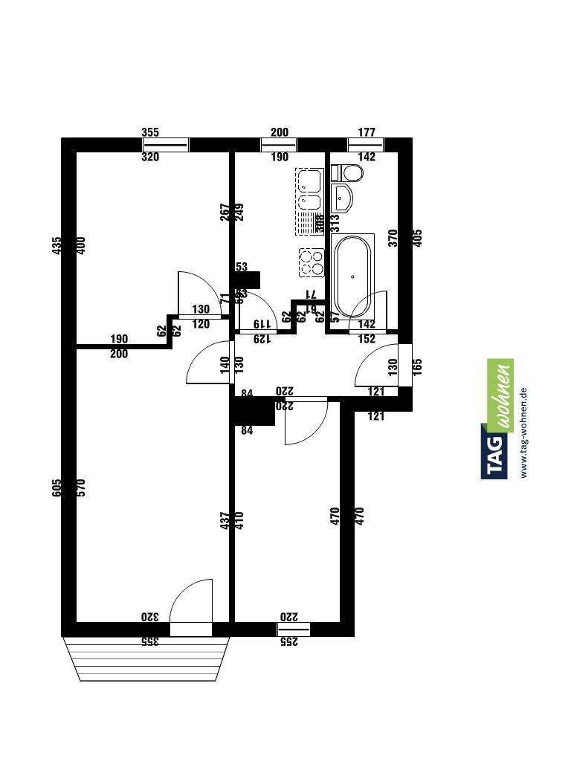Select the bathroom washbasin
(344, 198)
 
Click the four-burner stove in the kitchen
(312, 261)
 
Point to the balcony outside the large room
(146, 658)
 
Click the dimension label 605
(57, 488)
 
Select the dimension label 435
(57, 246)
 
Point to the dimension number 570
(82, 488)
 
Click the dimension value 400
(82, 246)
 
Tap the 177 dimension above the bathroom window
(366, 133)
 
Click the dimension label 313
(335, 221)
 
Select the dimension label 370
(393, 238)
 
